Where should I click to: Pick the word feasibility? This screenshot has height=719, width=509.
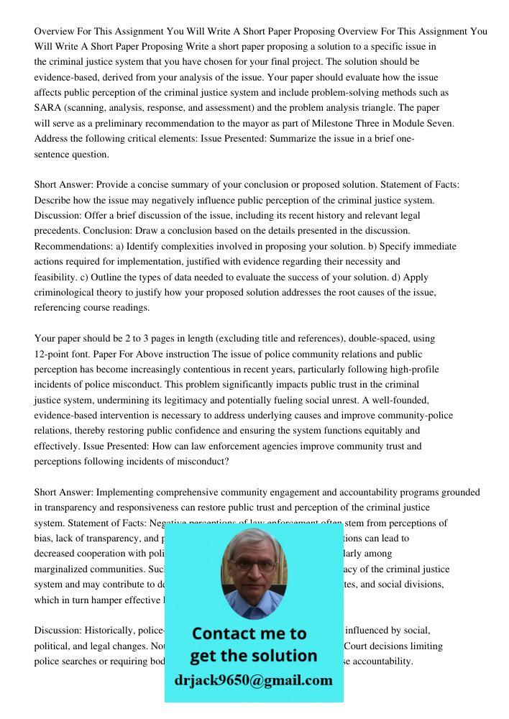[x=57, y=277]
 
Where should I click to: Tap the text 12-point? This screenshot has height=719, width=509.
[x=53, y=354]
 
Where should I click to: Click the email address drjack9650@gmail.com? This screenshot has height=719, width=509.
[x=254, y=680]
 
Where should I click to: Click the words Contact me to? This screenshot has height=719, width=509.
[x=249, y=633]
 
